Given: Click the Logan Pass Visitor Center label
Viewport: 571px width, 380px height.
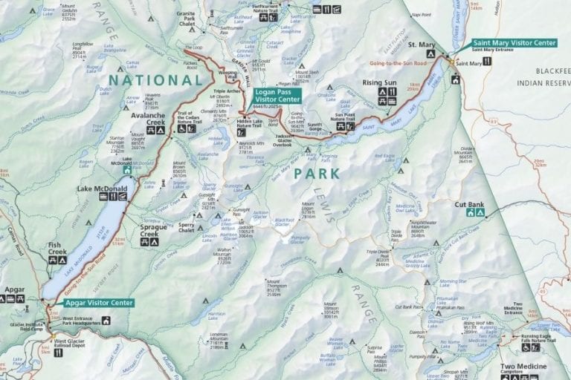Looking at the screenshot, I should pos(277,95).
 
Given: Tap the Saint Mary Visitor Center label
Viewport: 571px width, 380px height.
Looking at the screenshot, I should pos(513,43).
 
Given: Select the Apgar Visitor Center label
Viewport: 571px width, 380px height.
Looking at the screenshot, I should pos(94,303).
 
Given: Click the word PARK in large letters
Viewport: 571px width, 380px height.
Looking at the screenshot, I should pos(316,173).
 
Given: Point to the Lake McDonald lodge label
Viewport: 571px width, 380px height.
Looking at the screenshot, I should pos(103,189).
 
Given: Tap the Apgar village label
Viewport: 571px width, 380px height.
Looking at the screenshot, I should pos(14,289).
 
